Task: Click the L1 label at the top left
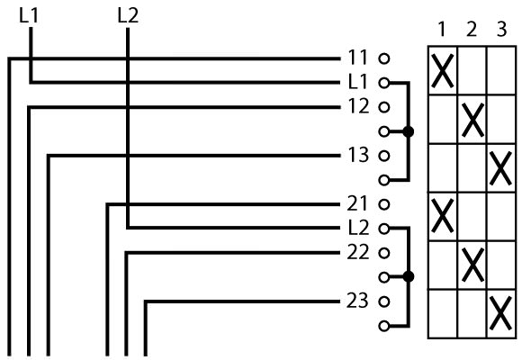(29, 15)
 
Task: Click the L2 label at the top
(128, 15)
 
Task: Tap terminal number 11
(357, 58)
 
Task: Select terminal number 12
(358, 106)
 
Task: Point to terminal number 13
(358, 155)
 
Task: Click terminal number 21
(357, 203)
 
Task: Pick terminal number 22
(358, 252)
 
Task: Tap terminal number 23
(358, 301)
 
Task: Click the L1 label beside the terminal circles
(357, 82)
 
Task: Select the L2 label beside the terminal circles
(358, 228)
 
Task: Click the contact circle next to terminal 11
(383, 58)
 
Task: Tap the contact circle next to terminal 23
(383, 301)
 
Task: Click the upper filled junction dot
(408, 131)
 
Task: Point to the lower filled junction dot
(408, 276)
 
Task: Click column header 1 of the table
(442, 30)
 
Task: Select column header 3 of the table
(501, 30)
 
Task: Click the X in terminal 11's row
(442, 70)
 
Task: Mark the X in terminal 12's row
(472, 120)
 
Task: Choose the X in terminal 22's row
(472, 265)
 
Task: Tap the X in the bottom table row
(500, 313)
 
